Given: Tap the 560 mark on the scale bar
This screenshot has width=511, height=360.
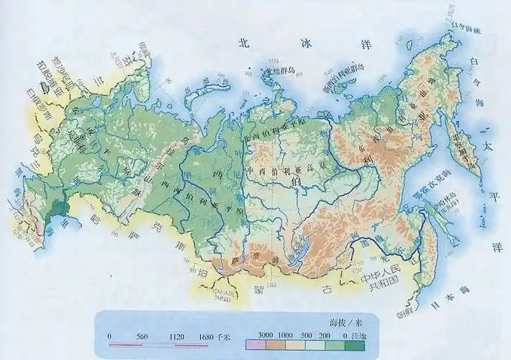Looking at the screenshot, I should [x=141, y=336].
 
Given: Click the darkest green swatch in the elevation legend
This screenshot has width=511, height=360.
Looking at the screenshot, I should [x=355, y=346].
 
